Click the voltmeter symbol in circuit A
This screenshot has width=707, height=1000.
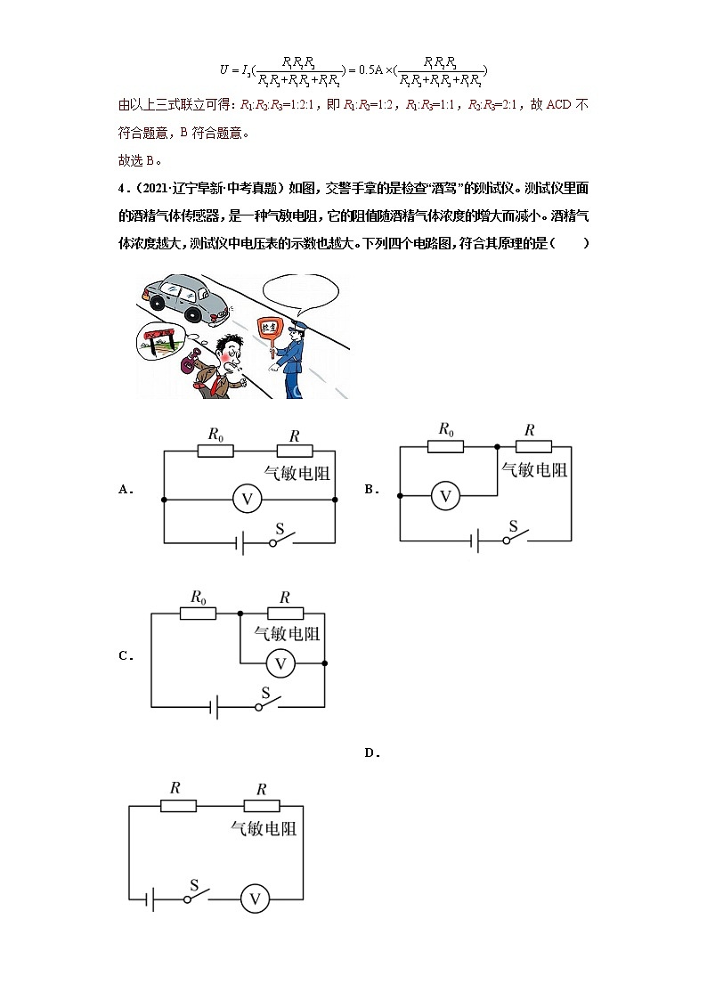point(247,500)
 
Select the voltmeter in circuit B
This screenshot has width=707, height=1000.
point(445,495)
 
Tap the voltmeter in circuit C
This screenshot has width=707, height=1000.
point(281,663)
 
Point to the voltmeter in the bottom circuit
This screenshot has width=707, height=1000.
point(255,899)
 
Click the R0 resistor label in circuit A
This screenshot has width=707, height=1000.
point(215,435)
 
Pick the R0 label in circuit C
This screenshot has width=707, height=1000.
point(199,597)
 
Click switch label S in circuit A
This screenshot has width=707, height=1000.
point(279,529)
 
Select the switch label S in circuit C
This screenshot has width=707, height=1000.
point(265,693)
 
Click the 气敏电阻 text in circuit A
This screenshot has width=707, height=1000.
point(297,473)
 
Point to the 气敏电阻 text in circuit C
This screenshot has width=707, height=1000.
point(287,635)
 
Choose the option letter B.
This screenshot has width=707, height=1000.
point(371,489)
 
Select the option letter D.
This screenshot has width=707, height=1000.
point(371,753)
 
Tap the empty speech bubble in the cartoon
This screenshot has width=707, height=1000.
point(302,292)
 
